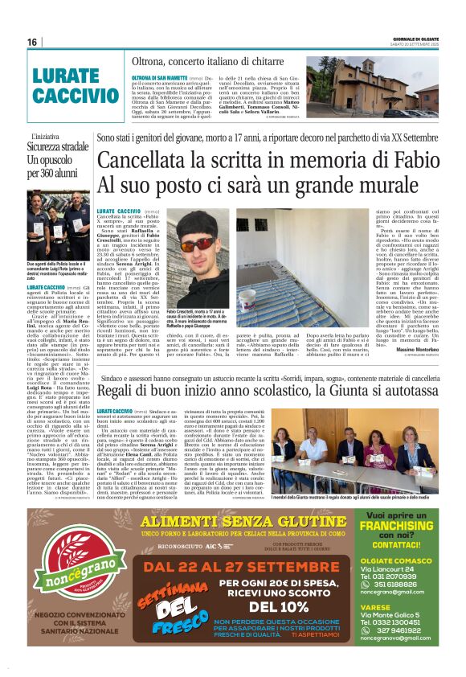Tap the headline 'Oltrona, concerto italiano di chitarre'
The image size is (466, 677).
[207, 61]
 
